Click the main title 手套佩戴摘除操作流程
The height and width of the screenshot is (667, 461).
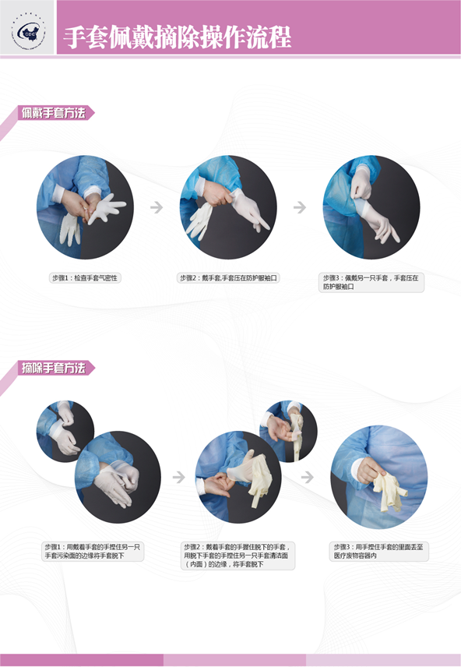(x=178, y=37)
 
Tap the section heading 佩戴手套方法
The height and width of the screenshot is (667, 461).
(x=54, y=113)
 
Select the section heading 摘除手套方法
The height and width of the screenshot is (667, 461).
(x=54, y=368)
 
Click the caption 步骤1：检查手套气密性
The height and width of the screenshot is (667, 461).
(x=85, y=278)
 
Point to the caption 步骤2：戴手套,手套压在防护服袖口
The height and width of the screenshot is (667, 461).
(x=228, y=278)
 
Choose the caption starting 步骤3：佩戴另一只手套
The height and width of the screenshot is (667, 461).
(x=371, y=282)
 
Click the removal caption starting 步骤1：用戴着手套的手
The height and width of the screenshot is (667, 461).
(x=93, y=552)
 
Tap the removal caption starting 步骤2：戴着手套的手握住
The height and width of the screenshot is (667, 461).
(x=238, y=556)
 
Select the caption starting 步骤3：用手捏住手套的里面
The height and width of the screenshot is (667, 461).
(x=378, y=552)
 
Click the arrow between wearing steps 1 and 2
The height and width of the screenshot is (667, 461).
(x=157, y=207)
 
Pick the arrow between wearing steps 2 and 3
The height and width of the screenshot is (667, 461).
(x=300, y=207)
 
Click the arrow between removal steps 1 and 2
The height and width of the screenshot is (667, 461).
(x=179, y=477)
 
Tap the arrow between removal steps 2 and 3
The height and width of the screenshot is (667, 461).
(x=307, y=477)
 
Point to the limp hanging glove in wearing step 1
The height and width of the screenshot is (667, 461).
(x=70, y=229)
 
